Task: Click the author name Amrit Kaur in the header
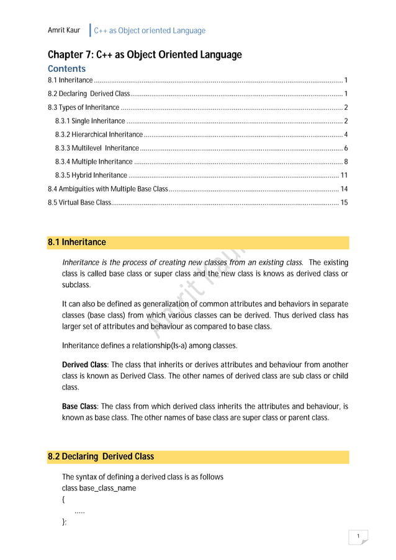[64, 30]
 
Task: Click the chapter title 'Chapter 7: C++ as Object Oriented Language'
[145, 55]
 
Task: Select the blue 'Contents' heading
[66, 68]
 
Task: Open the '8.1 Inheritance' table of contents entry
[71, 81]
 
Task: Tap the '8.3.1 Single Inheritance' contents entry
[90, 121]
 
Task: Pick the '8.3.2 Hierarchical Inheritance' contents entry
[99, 135]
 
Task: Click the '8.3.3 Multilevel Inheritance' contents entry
[97, 148]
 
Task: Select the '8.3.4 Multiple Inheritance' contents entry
[93, 162]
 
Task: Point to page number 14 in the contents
[344, 189]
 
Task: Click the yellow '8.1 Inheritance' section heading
[77, 242]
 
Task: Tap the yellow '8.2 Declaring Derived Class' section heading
[101, 457]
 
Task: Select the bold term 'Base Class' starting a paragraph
[78, 407]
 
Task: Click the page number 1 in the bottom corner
[358, 536]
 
